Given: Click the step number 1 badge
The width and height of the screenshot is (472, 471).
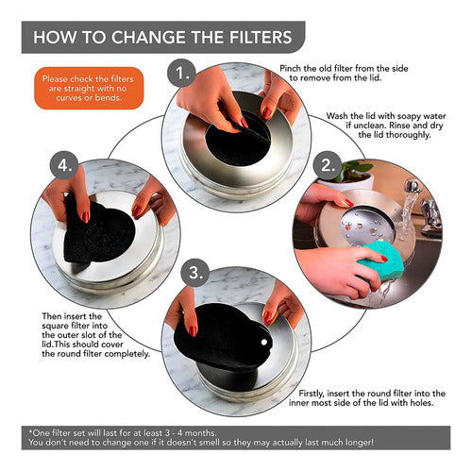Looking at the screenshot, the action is [x=181, y=74].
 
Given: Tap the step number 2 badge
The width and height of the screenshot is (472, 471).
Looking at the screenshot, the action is [x=328, y=165].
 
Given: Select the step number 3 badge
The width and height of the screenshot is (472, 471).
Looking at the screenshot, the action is [x=195, y=273].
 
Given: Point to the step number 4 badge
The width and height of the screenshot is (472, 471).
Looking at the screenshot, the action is [x=64, y=165].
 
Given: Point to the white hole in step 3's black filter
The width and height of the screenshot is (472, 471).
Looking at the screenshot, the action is [x=264, y=342].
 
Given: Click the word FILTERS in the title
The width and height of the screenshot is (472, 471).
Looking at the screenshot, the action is [x=261, y=37].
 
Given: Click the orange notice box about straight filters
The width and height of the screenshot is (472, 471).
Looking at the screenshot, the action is [x=89, y=88].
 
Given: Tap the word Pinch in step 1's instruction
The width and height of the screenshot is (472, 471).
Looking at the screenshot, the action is [x=290, y=69].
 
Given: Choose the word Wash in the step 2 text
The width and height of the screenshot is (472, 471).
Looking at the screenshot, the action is [x=336, y=116].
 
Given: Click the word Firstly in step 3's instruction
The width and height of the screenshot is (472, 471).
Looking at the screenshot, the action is [x=312, y=394].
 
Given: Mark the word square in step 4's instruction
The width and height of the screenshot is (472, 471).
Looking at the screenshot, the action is [x=56, y=326].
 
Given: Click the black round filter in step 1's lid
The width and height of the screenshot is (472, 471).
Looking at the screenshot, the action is [x=238, y=143].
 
